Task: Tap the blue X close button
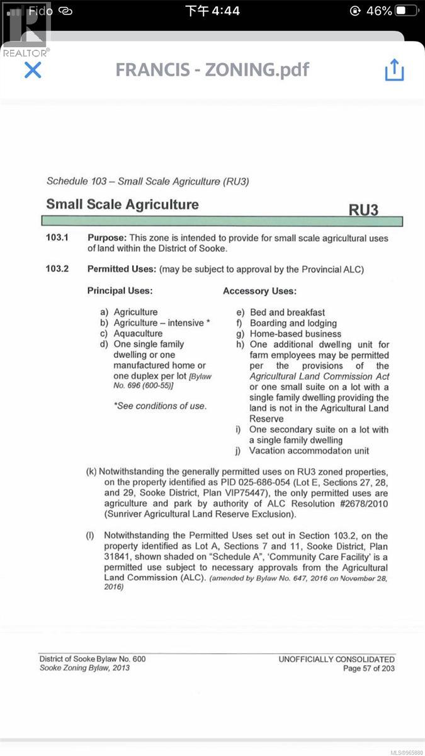point(32,69)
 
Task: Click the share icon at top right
point(394,69)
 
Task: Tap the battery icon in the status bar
point(406,11)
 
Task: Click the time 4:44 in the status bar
point(212,11)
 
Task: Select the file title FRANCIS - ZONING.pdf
point(212,69)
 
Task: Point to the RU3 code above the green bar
point(363,209)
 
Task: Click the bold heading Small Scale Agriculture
point(122,205)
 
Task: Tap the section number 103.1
point(57,238)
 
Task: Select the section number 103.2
point(57,270)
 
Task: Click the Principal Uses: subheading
point(120,291)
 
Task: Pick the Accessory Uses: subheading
point(259,291)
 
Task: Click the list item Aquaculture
point(138,333)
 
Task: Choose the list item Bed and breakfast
point(287,312)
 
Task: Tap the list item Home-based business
point(295,333)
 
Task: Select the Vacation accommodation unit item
point(309,450)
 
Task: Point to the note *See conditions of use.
point(159,406)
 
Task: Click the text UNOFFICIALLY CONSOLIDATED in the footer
point(336,659)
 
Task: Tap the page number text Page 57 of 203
point(368,668)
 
